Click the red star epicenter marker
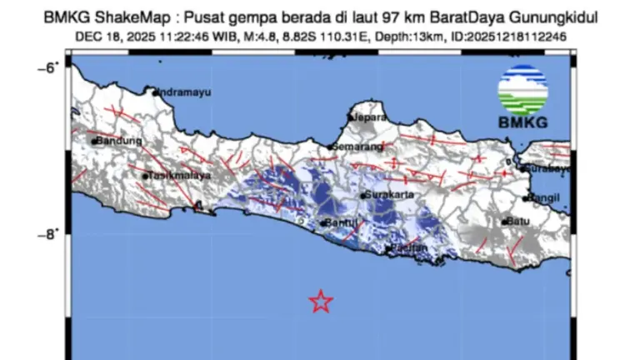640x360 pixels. pyautogui.click(x=321, y=301)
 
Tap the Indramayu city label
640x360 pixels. pyautogui.click(x=182, y=92)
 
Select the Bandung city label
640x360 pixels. pyautogui.click(x=120, y=141)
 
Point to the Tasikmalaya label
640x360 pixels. pyautogui.click(x=177, y=176)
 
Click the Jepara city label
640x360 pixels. pyautogui.click(x=370, y=117)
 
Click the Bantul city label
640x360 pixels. pyautogui.click(x=342, y=222)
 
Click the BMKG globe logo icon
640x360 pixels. pyautogui.click(x=522, y=89)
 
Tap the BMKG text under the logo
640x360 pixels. pyautogui.click(x=522, y=123)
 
